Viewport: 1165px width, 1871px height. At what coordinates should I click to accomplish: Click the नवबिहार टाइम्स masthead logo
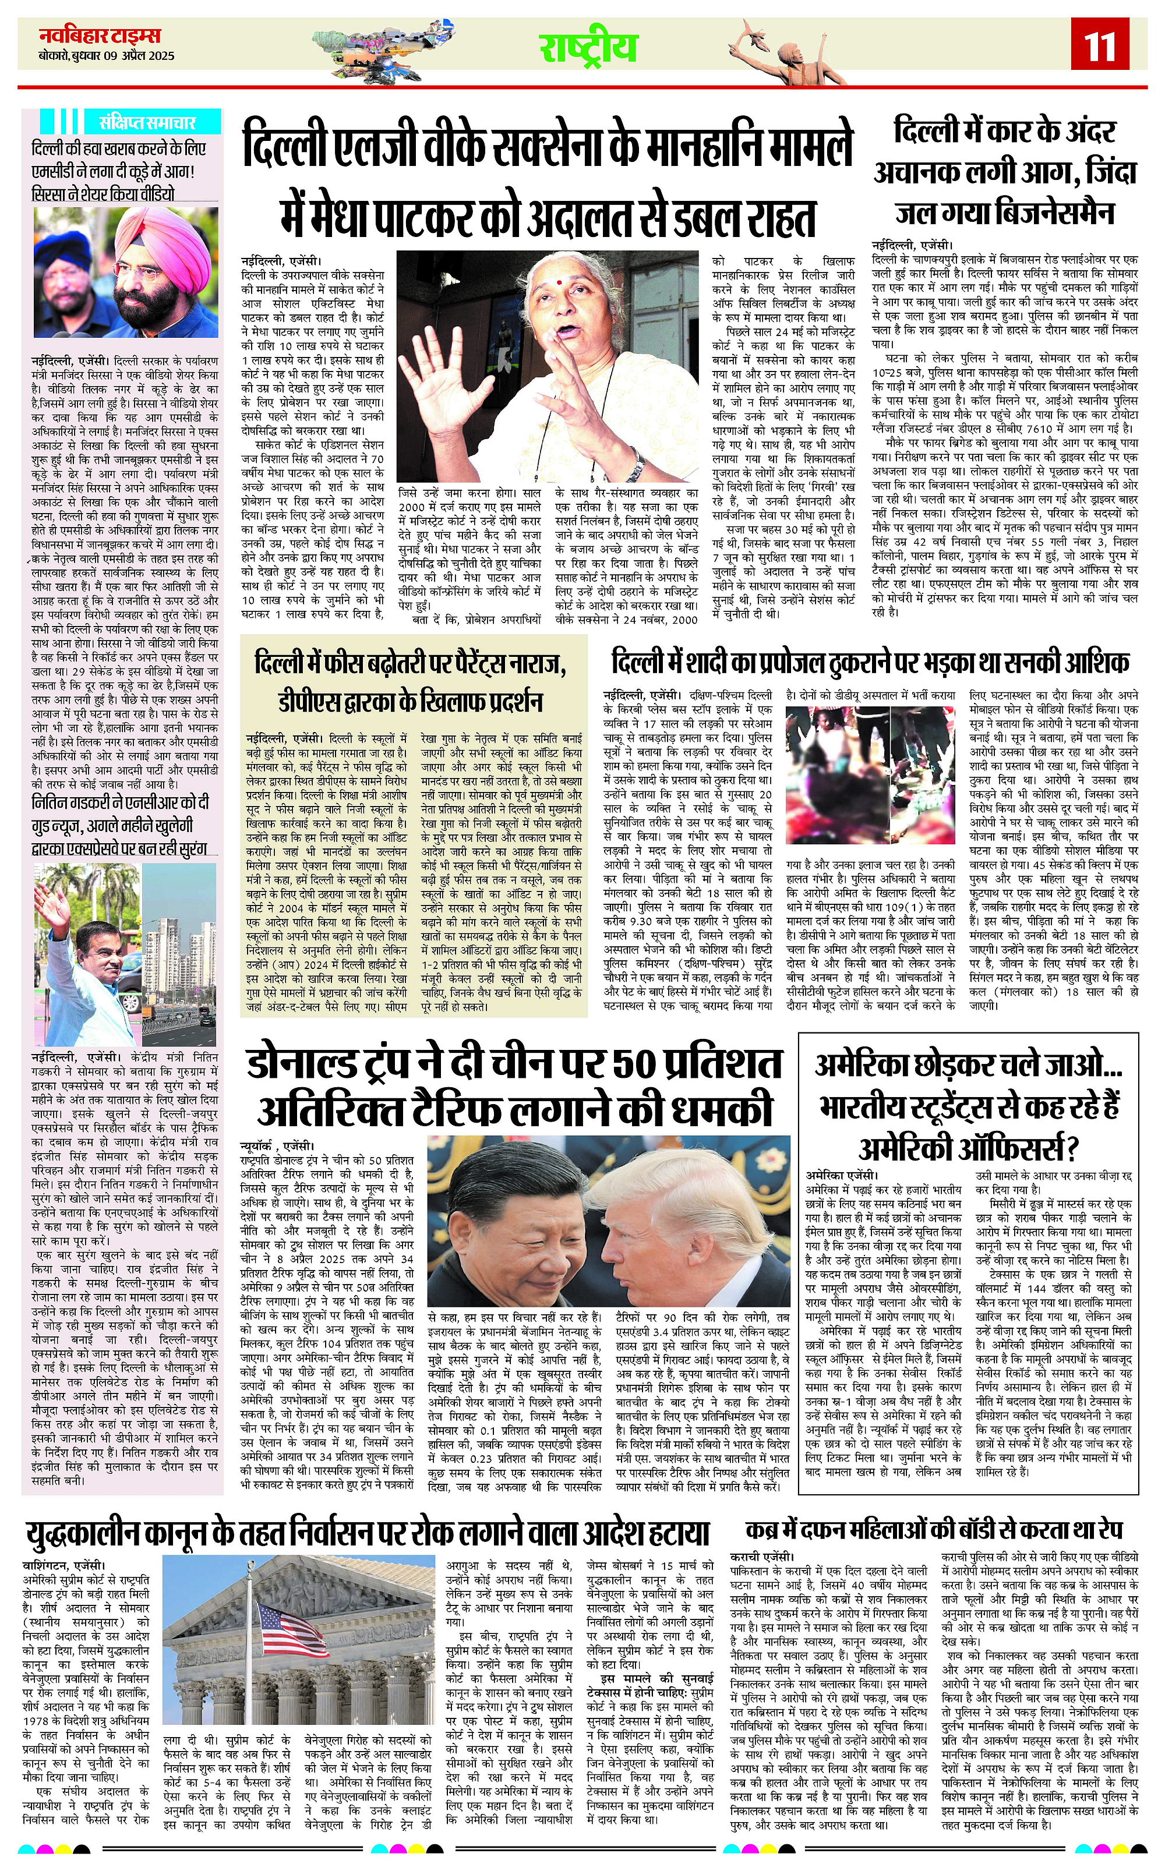pos(100,35)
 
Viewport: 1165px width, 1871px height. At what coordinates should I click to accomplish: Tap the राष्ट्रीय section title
pos(587,48)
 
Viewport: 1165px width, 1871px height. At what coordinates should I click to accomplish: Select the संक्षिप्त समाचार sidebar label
pos(146,122)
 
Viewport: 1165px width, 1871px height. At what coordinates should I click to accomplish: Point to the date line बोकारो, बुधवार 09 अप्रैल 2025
pos(107,55)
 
